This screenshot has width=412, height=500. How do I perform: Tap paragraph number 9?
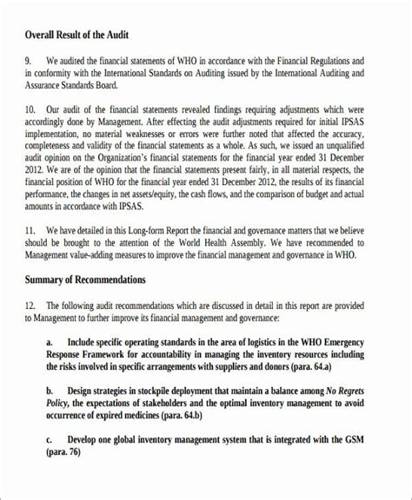[29, 61]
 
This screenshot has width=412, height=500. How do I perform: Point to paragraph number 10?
[31, 110]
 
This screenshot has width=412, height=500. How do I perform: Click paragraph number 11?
[31, 255]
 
